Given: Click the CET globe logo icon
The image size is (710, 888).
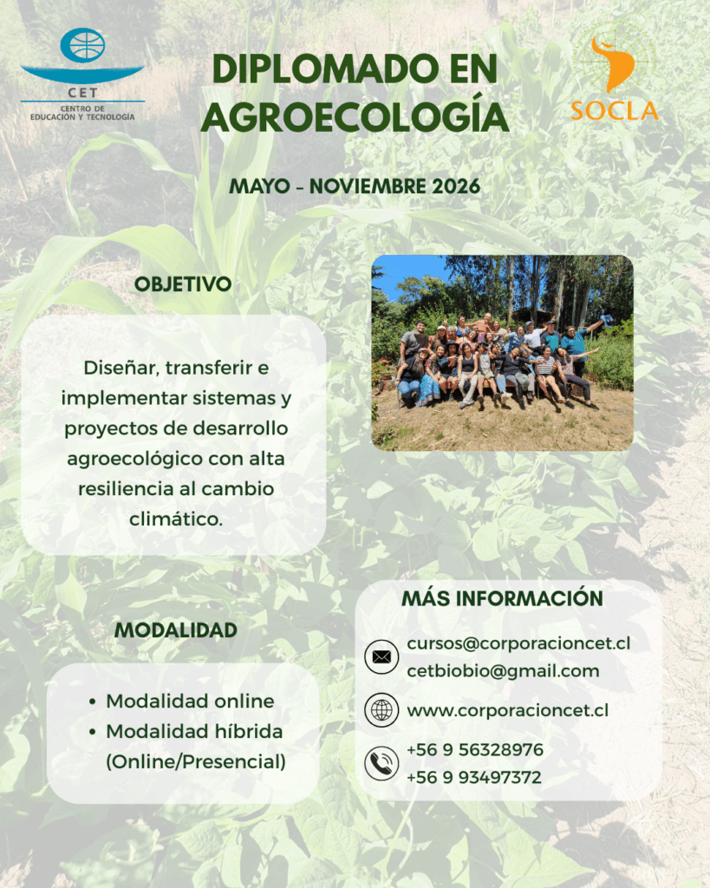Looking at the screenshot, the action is (x=82, y=45).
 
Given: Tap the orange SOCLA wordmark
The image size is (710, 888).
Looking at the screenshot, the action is (x=615, y=111).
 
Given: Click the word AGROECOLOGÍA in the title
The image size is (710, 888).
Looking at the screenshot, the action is (x=355, y=117).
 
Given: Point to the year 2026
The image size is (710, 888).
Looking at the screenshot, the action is (x=456, y=186).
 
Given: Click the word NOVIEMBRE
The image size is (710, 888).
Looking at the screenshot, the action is (x=368, y=186).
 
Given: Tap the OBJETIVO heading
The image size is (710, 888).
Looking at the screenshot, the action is (x=183, y=284).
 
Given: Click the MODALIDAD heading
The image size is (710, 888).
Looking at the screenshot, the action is (x=175, y=630).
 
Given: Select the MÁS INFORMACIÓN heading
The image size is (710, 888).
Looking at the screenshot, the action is (x=502, y=598).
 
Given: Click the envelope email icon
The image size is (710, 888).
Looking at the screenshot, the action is (x=381, y=657).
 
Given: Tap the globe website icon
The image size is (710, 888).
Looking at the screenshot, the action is (x=381, y=709).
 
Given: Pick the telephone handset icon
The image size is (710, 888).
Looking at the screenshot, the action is (x=381, y=763).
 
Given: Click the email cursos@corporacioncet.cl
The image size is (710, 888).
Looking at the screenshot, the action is (x=518, y=643).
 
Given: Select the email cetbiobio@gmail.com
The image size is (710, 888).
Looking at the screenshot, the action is (x=504, y=671).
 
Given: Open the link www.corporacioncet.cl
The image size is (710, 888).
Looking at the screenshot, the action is (x=508, y=710).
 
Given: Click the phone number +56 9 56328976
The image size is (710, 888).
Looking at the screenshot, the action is (x=475, y=749).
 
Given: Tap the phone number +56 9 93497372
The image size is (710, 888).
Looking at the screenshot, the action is (x=474, y=777).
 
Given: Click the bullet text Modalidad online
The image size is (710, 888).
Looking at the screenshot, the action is (x=190, y=701).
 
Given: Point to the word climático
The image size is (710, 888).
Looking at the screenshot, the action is (x=175, y=519).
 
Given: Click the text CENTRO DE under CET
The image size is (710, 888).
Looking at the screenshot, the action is (x=82, y=108).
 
